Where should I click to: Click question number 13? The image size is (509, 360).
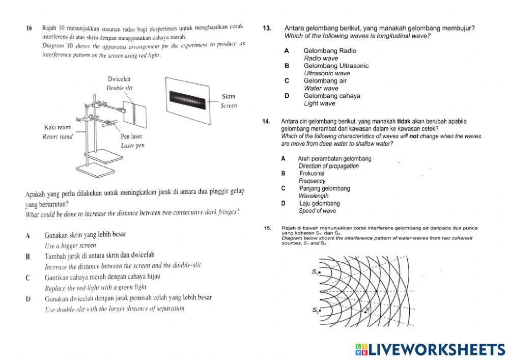(x=267, y=29)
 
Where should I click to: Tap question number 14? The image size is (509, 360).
(x=266, y=121)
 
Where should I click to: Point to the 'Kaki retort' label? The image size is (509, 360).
(x=57, y=127)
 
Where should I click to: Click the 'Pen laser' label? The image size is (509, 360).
(x=131, y=136)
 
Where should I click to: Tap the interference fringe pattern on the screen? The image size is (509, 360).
(x=188, y=99)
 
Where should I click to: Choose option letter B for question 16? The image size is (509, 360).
(x=29, y=257)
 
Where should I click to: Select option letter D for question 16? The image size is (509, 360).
(x=29, y=298)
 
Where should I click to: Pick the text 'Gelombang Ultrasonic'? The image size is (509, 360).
(x=336, y=66)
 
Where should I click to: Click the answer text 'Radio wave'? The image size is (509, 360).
(x=321, y=59)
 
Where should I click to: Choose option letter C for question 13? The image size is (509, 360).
(x=287, y=80)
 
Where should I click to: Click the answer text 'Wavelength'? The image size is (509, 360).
(x=314, y=196)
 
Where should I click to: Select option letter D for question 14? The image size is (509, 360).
(x=284, y=203)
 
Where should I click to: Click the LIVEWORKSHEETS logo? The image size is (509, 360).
(x=430, y=349)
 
